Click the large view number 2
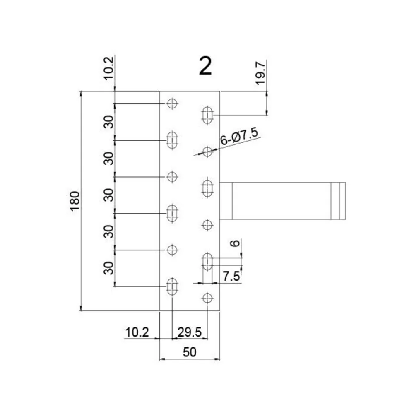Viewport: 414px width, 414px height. [205, 66]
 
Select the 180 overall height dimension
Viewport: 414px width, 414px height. [75, 201]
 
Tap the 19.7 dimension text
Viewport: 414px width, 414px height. [260, 73]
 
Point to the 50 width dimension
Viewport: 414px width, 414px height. [190, 352]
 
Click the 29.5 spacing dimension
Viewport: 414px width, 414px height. [189, 332]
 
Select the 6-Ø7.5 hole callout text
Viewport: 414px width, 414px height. [239, 136]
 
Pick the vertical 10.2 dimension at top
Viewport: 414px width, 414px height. [109, 68]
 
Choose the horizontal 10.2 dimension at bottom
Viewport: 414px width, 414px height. [137, 332]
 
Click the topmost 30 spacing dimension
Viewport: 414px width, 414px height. [108, 122]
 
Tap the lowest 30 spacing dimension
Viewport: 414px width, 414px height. [108, 268]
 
